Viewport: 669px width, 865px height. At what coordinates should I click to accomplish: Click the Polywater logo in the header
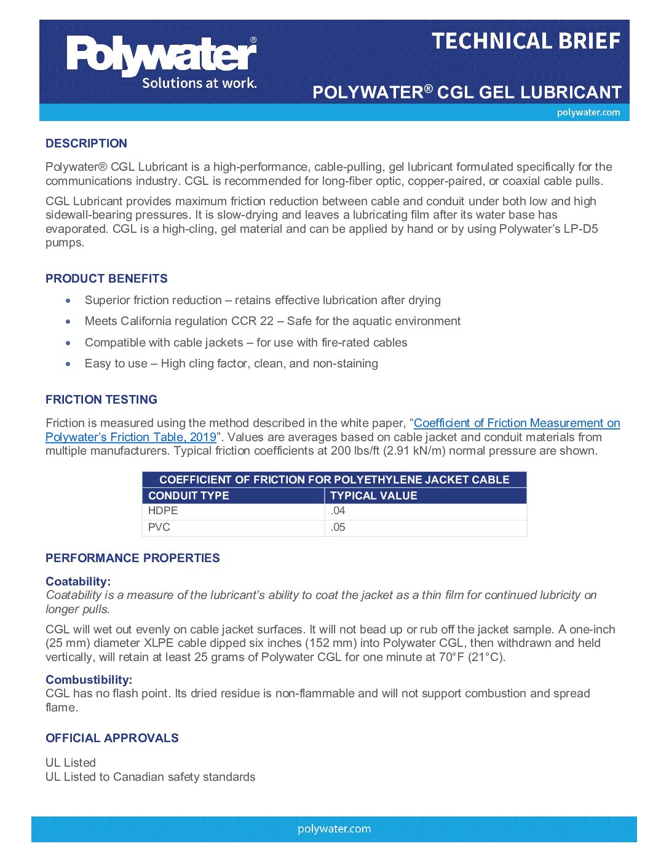click(162, 62)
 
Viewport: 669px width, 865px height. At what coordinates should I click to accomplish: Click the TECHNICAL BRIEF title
click(526, 41)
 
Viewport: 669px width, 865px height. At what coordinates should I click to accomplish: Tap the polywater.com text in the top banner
click(588, 112)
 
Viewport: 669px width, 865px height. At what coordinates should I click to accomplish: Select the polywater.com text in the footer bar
click(334, 829)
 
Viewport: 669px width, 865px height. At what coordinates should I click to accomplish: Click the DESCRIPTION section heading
click(86, 143)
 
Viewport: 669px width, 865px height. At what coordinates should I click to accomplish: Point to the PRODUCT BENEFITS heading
click(106, 278)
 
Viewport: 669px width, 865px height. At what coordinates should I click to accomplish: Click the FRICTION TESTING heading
click(101, 399)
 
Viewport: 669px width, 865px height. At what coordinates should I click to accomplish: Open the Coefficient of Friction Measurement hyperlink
click(517, 423)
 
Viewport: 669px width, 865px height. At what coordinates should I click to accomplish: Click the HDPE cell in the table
click(163, 511)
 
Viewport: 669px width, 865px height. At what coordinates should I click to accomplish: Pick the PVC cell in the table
click(159, 527)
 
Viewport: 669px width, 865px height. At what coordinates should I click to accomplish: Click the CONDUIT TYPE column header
click(188, 496)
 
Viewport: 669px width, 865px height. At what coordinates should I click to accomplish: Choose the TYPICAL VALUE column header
click(373, 496)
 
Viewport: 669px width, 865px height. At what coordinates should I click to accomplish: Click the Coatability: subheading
click(78, 581)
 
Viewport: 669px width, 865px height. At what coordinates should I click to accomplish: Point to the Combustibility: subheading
click(89, 679)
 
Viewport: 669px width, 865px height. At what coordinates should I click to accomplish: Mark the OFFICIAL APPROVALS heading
click(112, 738)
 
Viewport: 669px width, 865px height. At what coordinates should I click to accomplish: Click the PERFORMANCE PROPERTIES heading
click(133, 558)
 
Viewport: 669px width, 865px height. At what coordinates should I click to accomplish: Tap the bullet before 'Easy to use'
click(68, 364)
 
